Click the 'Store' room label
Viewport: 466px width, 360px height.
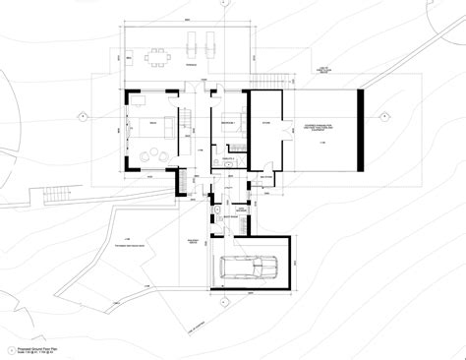click(263, 123)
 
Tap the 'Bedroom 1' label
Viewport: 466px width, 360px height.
click(226, 122)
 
